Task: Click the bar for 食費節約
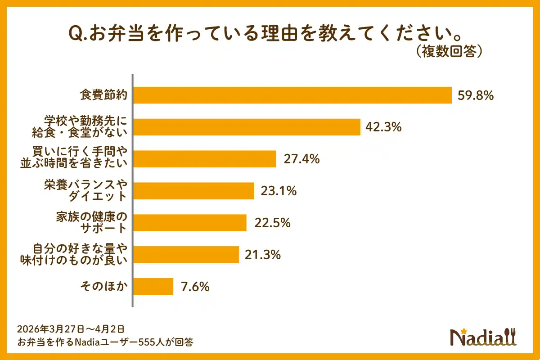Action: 292,95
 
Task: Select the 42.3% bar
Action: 247,127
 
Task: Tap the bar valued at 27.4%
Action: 205,159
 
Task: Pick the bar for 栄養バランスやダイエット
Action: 194,191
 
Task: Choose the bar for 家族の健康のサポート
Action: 190,223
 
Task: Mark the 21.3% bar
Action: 186,255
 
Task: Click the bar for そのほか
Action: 153,286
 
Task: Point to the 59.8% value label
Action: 476,95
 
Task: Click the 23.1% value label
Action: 279,191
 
